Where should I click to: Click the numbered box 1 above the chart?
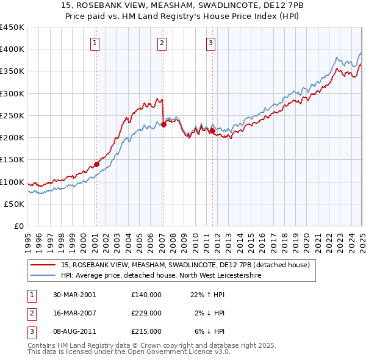point(96,43)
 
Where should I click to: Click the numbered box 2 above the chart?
point(162,43)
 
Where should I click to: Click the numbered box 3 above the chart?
point(210,43)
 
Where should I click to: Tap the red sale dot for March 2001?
point(96,164)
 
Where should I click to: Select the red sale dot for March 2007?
point(163,125)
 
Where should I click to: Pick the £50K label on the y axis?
point(15,204)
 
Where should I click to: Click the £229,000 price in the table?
point(146,312)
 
